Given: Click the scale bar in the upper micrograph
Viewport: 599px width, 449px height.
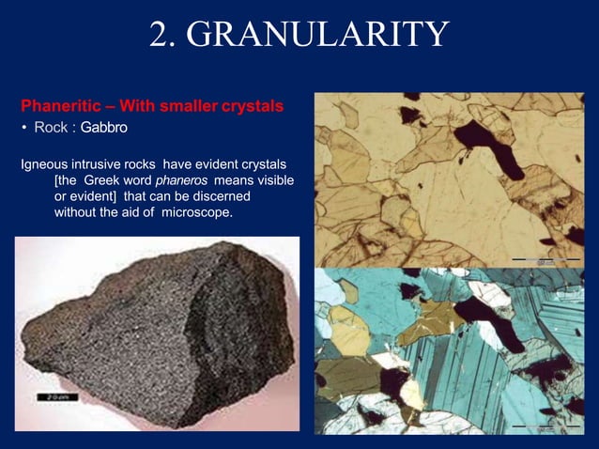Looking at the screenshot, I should pyautogui.click(x=545, y=258).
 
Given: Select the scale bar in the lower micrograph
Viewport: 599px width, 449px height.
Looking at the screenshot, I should pyautogui.click(x=545, y=426).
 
